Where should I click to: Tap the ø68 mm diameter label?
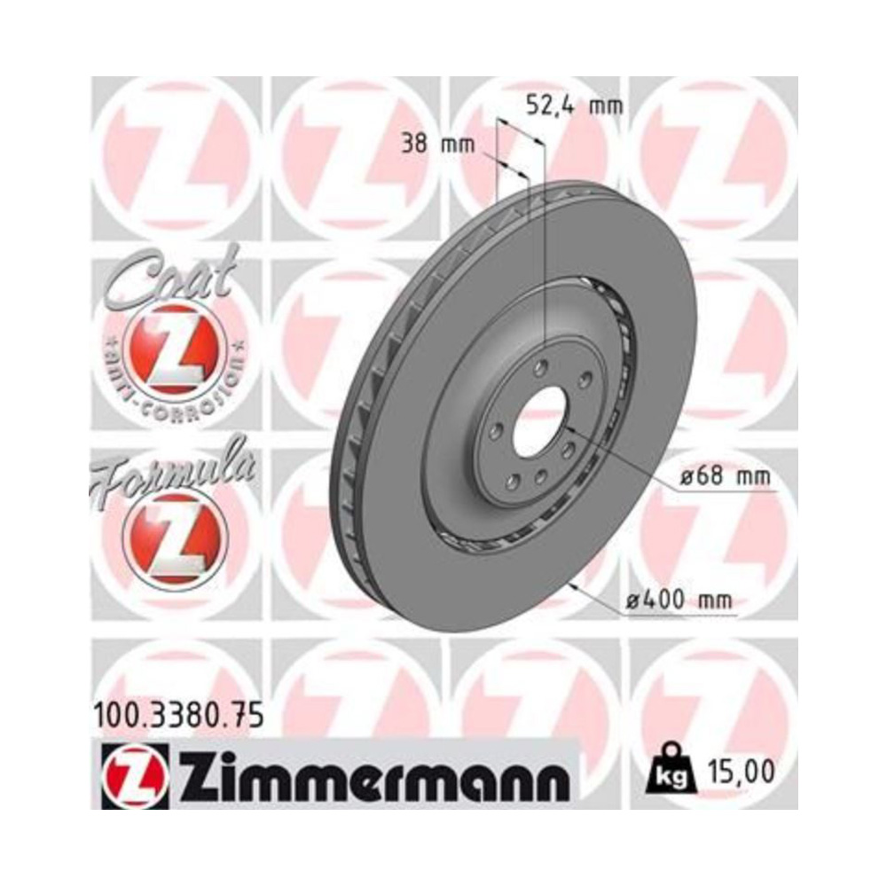click(725, 476)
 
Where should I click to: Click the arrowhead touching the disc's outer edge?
click(577, 585)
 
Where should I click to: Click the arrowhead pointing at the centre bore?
click(568, 429)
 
